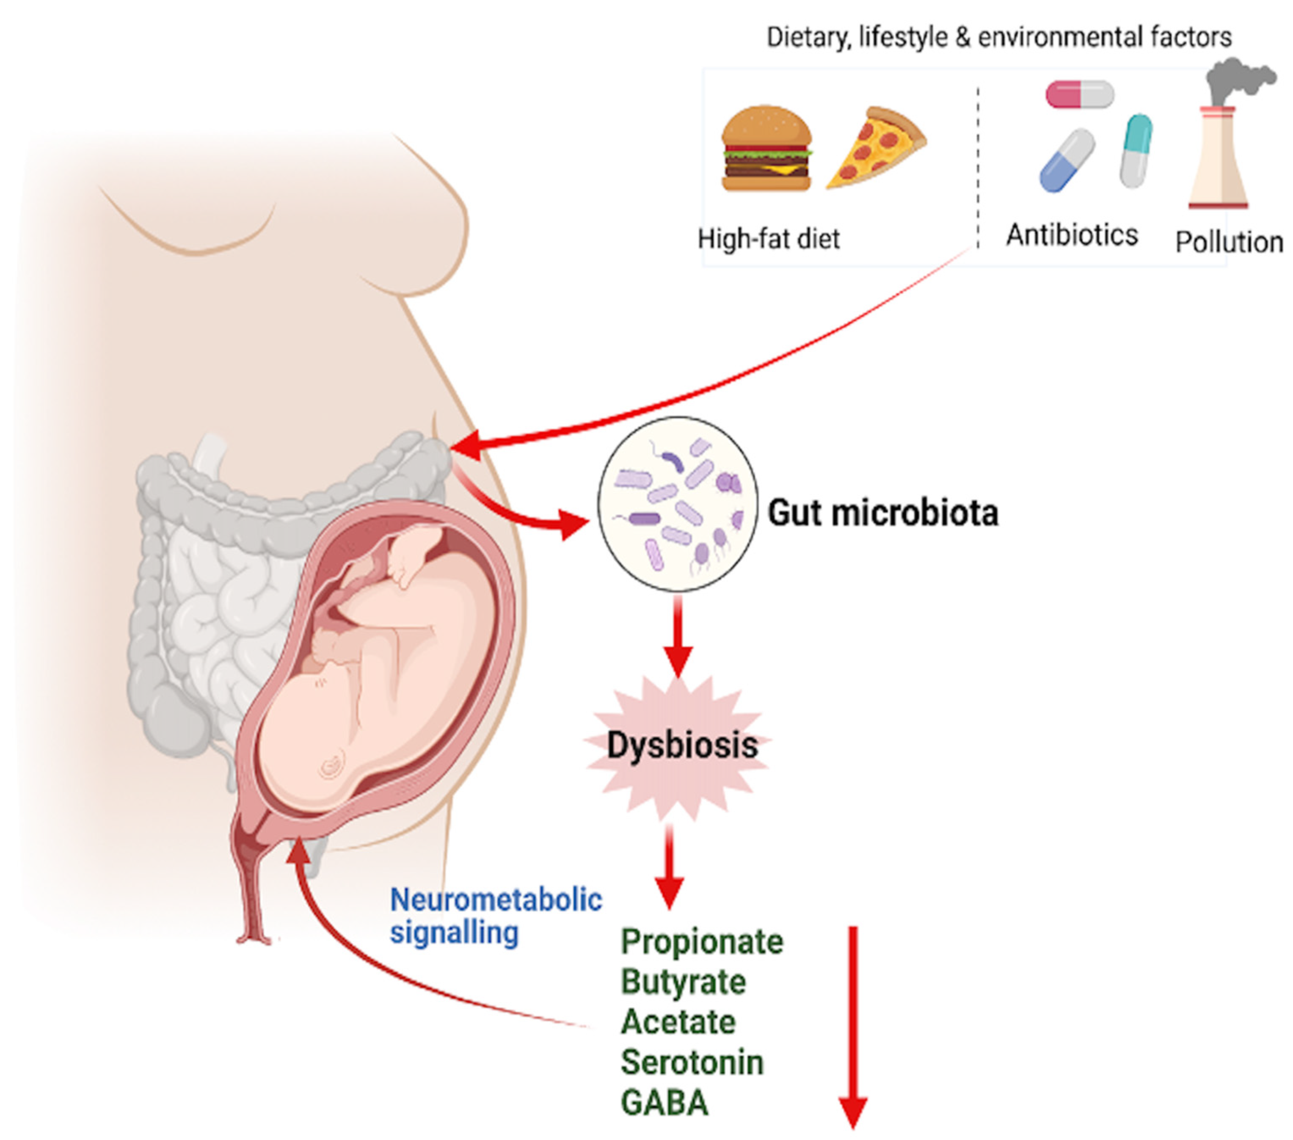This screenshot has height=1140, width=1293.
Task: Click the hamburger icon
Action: (x=766, y=149)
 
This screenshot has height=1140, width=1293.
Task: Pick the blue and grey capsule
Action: (x=1067, y=160)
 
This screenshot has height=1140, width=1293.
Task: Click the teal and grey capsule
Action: (x=1136, y=151)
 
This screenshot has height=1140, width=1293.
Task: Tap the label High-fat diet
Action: (x=769, y=239)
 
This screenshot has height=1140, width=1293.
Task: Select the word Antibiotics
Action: (x=1072, y=235)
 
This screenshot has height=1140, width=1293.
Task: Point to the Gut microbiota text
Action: (x=883, y=513)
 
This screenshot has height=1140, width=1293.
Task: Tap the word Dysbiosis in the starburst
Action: (x=682, y=745)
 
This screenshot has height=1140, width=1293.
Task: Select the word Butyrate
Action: (x=683, y=983)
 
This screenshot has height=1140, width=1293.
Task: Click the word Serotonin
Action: (x=692, y=1062)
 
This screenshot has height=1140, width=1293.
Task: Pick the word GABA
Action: (x=664, y=1103)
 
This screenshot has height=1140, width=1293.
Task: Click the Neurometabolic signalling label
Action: (x=495, y=915)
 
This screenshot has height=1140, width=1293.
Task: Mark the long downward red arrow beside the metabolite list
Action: (x=853, y=1025)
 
